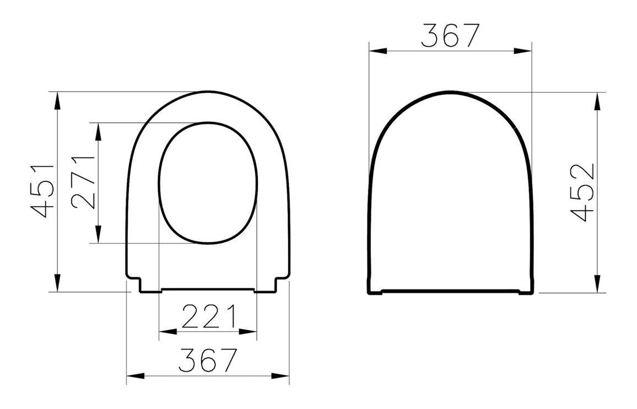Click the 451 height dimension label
(42, 191)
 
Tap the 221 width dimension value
(208, 316)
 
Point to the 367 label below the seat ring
(208, 360)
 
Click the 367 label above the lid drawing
(450, 35)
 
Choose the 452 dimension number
(583, 192)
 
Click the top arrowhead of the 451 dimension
(57, 100)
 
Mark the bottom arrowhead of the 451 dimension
(57, 283)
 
